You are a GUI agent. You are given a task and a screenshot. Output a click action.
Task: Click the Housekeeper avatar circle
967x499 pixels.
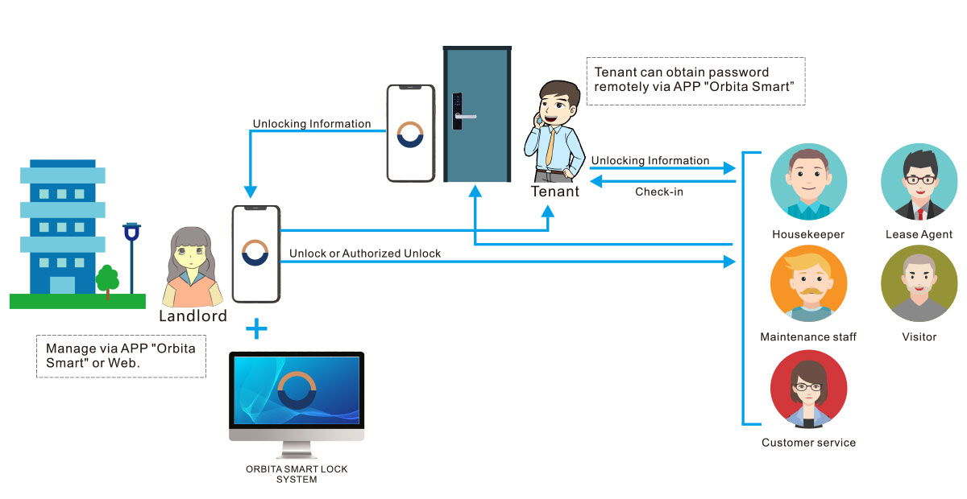coord(808,183)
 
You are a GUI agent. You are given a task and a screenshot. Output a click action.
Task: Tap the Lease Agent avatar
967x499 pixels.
coord(919,183)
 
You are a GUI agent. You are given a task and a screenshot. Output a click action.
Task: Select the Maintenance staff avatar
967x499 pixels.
coord(808,284)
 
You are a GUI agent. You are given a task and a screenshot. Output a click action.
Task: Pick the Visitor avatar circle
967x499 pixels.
coord(919,284)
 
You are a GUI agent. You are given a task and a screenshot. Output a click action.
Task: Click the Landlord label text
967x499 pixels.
coord(193,315)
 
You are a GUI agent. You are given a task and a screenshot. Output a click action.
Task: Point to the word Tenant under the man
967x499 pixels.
coord(554,192)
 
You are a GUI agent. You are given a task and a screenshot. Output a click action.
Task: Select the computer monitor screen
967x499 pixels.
coord(297,390)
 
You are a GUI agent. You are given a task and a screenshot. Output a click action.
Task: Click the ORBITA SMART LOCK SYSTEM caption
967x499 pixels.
coord(297,474)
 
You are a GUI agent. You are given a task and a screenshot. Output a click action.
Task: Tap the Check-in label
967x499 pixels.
coord(659,192)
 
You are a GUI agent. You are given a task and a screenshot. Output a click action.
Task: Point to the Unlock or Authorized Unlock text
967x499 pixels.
coord(365,254)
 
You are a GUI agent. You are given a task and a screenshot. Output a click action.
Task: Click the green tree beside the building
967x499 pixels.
coord(107,278)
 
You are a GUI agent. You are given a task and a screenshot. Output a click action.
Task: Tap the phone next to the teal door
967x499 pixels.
coord(411,133)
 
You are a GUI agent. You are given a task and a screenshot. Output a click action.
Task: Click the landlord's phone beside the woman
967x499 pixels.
coord(255,253)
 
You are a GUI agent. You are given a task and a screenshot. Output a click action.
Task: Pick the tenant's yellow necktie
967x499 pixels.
coord(550,146)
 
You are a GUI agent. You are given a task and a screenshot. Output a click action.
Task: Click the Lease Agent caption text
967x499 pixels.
coord(919,235)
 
